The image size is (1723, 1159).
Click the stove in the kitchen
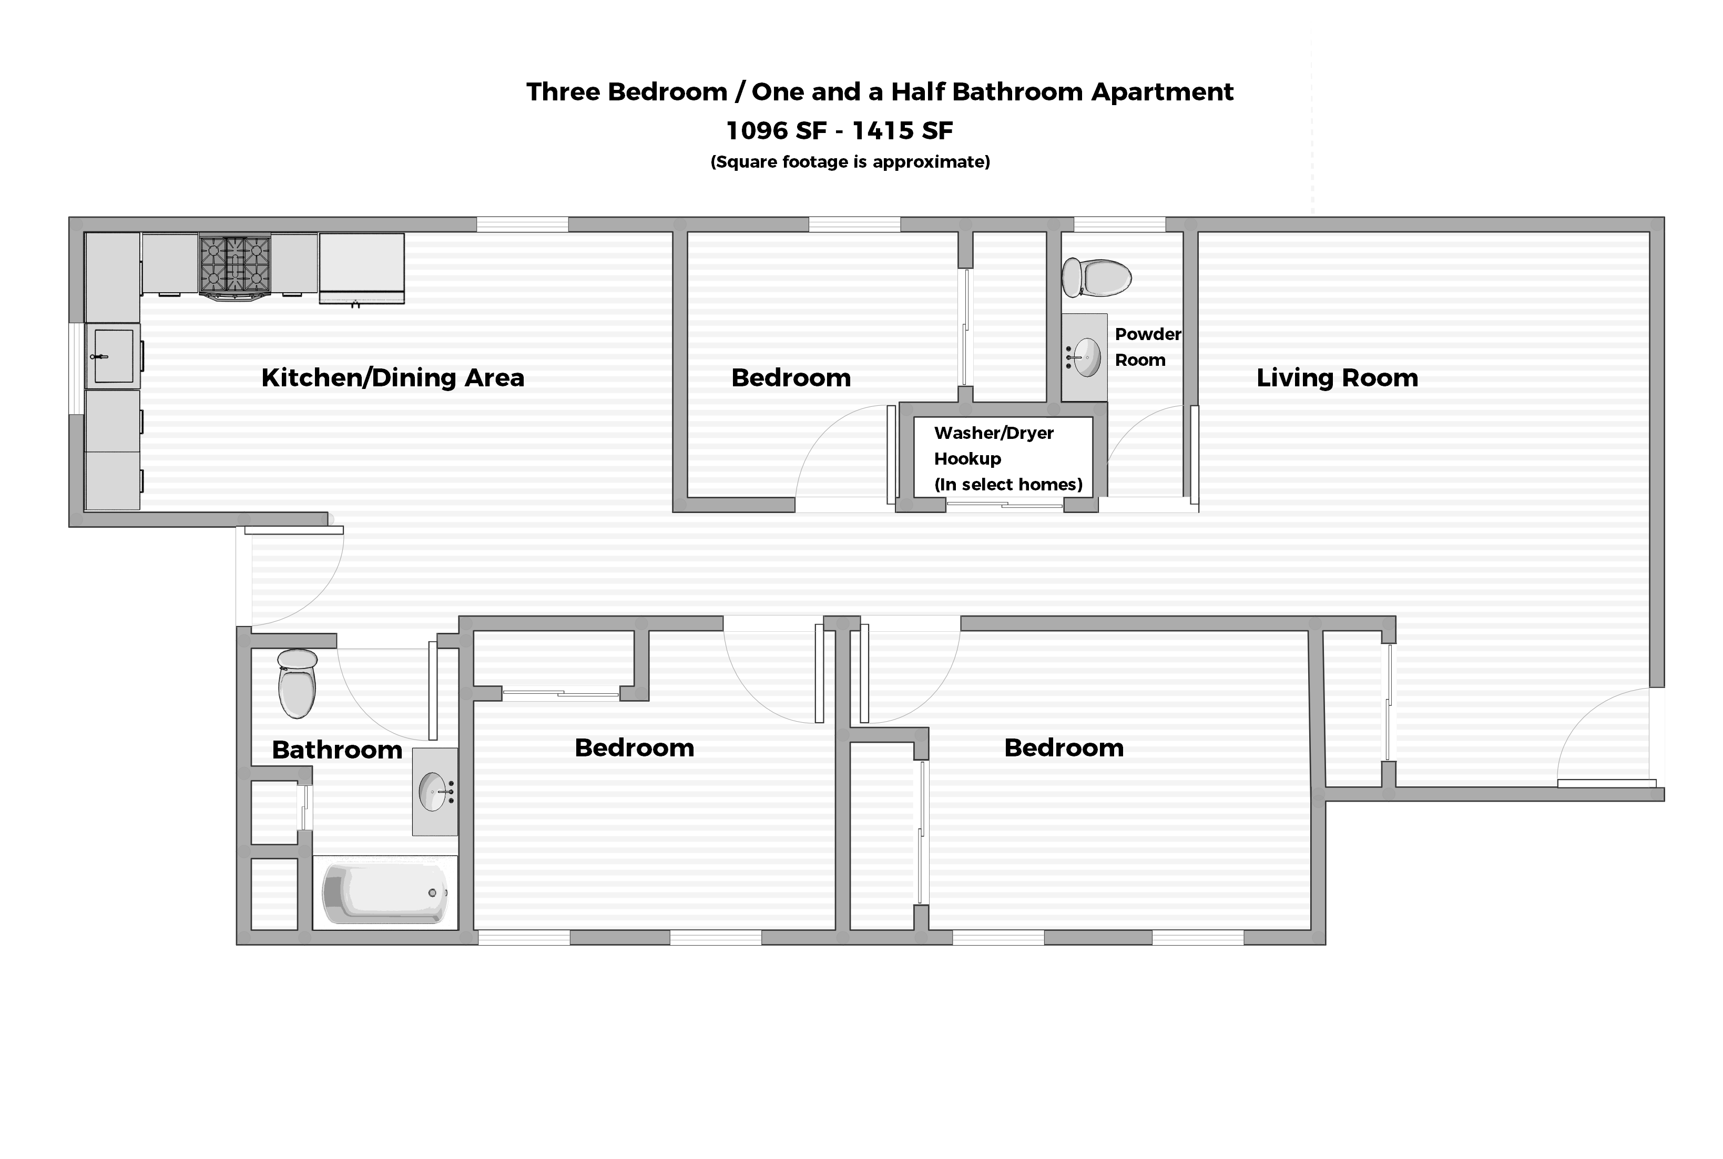[235, 264]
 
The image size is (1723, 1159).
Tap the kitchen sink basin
[114, 356]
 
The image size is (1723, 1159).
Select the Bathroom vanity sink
[434, 792]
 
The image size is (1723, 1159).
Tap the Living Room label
[1337, 378]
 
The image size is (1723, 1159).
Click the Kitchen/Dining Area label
[392, 378]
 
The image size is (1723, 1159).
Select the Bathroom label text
[337, 750]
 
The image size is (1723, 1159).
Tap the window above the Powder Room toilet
[1119, 224]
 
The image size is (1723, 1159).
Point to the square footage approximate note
[850, 162]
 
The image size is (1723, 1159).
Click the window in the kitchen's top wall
[522, 224]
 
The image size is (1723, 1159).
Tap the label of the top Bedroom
[791, 378]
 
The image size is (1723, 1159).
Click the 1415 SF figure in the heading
[903, 131]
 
